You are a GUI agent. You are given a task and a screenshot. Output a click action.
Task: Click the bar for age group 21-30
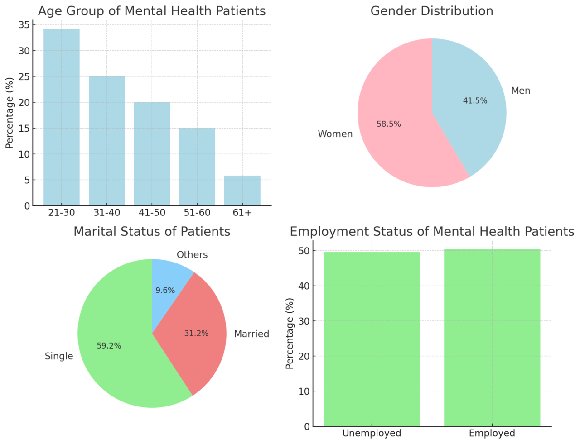[61, 117]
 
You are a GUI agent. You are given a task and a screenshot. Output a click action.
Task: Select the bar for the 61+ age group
[242, 191]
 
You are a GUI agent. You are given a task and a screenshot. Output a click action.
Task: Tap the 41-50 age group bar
[152, 154]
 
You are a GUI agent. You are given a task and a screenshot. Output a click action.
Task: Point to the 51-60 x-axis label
[197, 213]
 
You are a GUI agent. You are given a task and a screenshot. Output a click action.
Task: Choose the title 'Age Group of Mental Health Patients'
[152, 11]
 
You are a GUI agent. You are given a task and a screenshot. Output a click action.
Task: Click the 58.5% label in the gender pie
[389, 124]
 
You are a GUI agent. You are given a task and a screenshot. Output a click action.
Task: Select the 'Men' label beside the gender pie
[521, 91]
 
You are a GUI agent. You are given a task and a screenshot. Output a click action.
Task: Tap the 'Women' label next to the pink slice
[335, 134]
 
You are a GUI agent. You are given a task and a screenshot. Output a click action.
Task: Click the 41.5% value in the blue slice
[475, 101]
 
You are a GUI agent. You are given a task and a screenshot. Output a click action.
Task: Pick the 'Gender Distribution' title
[432, 11]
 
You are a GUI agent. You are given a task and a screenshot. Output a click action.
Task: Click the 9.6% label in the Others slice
[165, 291]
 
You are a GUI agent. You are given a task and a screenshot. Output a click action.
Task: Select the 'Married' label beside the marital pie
[251, 334]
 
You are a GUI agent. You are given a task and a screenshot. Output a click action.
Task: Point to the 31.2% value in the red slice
[196, 334]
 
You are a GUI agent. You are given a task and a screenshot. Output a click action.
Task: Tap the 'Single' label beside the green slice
[59, 356]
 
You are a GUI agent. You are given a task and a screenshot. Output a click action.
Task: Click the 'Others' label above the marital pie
[192, 255]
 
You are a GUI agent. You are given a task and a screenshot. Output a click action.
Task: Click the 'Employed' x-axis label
[492, 434]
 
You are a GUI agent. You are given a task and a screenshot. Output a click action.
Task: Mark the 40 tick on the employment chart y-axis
[304, 286]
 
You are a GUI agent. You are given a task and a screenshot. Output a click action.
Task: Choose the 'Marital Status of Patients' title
[152, 232]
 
